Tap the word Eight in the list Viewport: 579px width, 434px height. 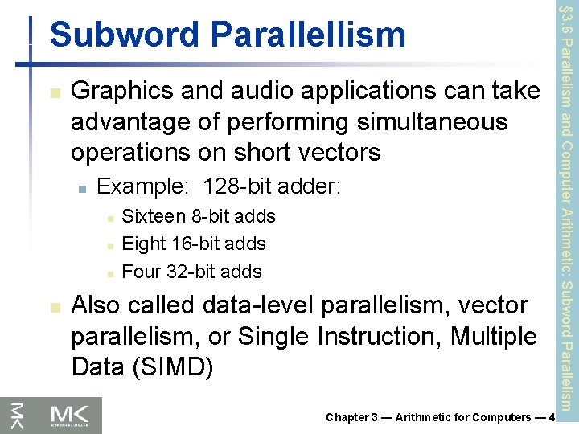[x=144, y=244]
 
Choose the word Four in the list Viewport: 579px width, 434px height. [x=142, y=272]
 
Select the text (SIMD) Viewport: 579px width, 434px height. [x=170, y=366]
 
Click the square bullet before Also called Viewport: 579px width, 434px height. [x=53, y=306]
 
